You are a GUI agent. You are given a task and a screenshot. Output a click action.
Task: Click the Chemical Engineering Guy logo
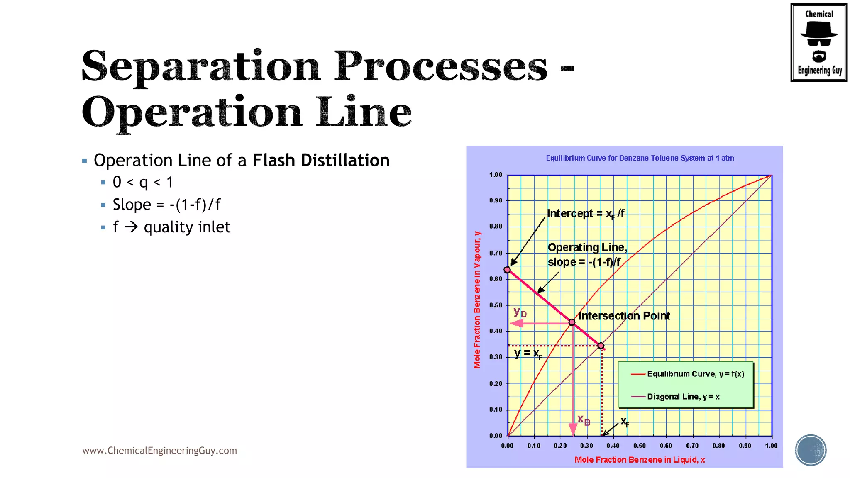pyautogui.click(x=818, y=42)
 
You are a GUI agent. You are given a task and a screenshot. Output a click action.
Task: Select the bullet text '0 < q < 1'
pyautogui.click(x=143, y=182)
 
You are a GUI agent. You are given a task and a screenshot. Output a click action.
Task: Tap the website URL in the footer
pyautogui.click(x=159, y=451)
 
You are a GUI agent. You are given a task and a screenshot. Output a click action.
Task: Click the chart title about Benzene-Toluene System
pyautogui.click(x=640, y=158)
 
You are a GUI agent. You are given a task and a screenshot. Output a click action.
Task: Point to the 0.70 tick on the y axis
pyautogui.click(x=496, y=253)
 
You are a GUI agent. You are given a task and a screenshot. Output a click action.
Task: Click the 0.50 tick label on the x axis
pyautogui.click(x=639, y=446)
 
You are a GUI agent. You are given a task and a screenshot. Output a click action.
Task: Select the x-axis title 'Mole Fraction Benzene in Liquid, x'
pyautogui.click(x=640, y=460)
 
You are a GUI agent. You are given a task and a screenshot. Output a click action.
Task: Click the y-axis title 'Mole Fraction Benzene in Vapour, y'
pyautogui.click(x=477, y=300)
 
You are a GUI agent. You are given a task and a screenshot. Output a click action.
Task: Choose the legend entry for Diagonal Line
pyautogui.click(x=683, y=397)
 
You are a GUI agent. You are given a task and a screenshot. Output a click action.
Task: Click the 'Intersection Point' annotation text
pyautogui.click(x=624, y=316)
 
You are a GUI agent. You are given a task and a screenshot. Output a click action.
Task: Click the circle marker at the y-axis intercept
pyautogui.click(x=507, y=270)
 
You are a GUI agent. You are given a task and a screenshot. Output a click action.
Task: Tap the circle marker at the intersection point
pyautogui.click(x=572, y=322)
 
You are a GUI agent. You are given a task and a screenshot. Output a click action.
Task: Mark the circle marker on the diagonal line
pyautogui.click(x=601, y=346)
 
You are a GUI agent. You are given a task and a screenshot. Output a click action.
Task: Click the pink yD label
pyautogui.click(x=520, y=312)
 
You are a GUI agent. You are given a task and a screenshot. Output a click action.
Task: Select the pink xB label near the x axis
pyautogui.click(x=584, y=420)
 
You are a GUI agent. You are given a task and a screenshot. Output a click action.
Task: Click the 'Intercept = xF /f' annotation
pyautogui.click(x=586, y=214)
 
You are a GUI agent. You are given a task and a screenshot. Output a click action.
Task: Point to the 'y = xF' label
pyautogui.click(x=528, y=354)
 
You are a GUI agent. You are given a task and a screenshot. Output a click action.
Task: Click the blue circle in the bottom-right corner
pyautogui.click(x=811, y=450)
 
